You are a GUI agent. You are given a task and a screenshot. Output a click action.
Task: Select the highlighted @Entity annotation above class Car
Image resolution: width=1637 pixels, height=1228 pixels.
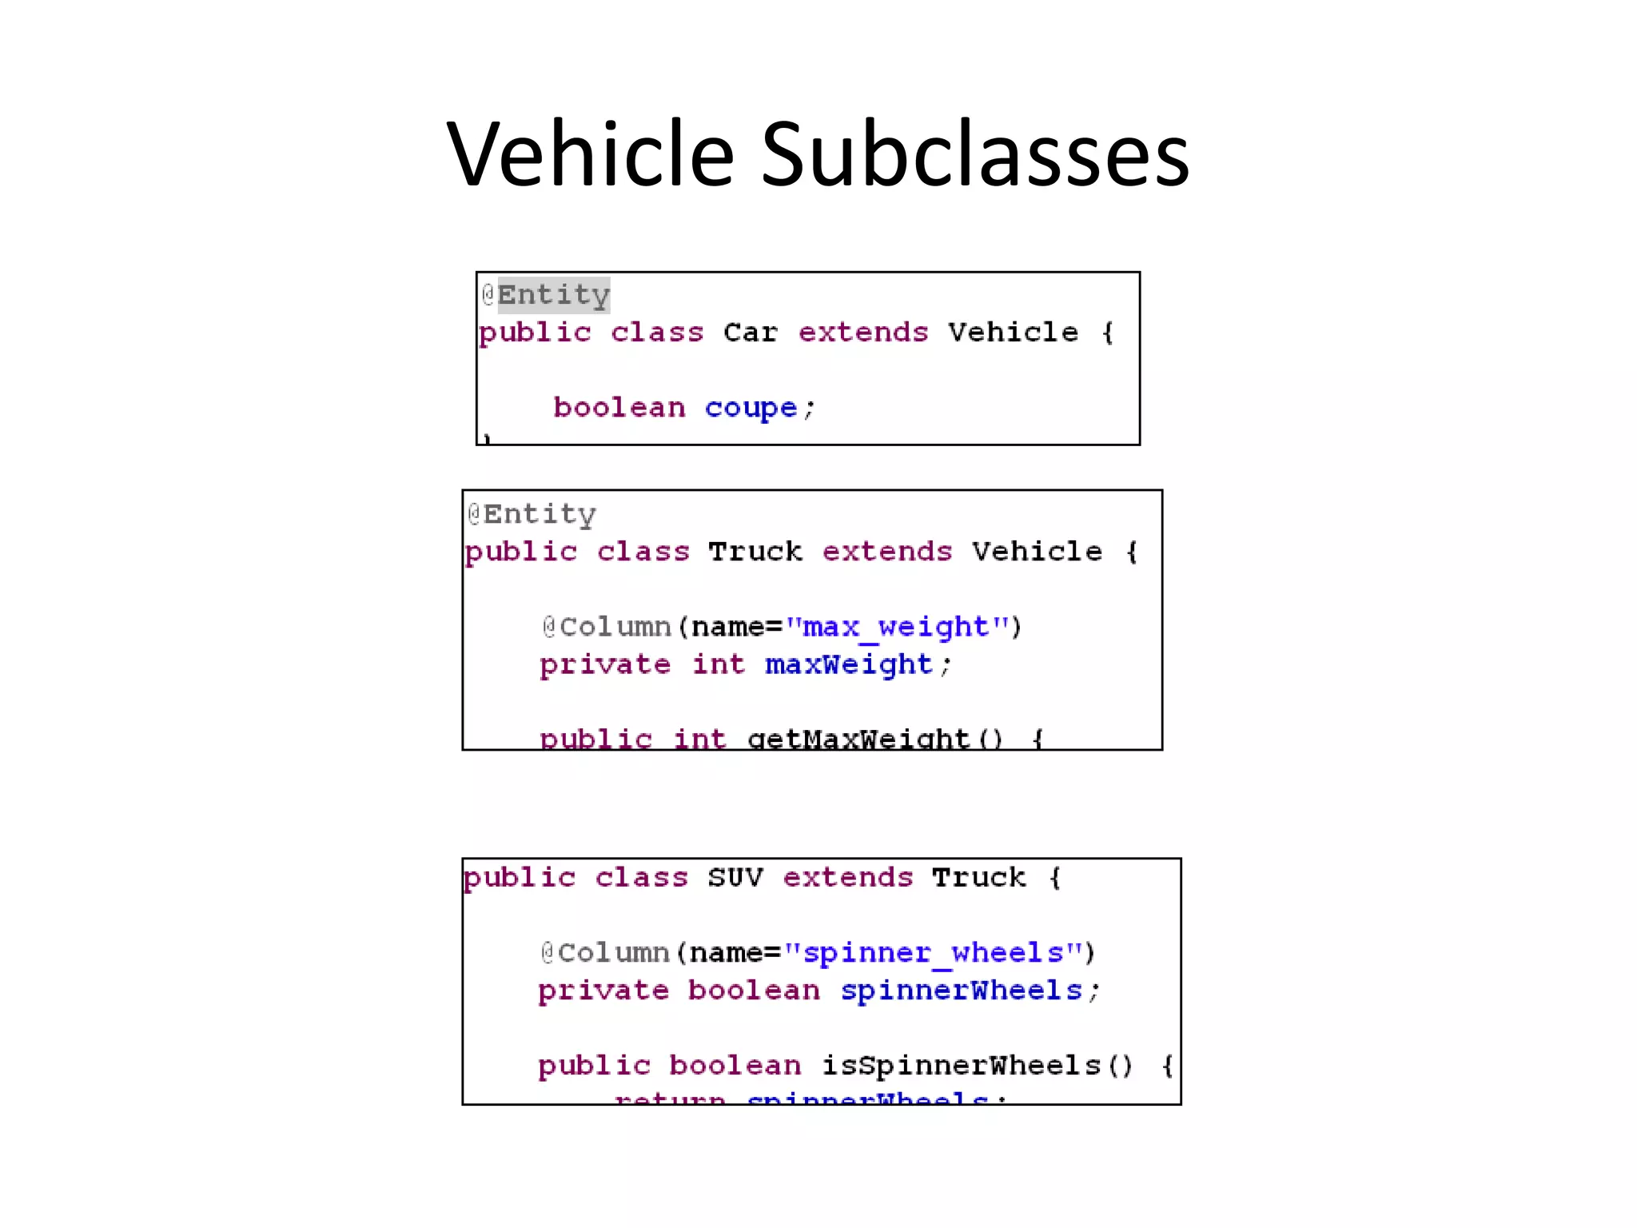coord(546,295)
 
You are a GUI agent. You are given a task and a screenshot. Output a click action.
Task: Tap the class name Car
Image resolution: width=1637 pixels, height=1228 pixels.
coord(750,333)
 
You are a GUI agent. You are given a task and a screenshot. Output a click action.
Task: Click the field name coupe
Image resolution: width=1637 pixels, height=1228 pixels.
coord(750,409)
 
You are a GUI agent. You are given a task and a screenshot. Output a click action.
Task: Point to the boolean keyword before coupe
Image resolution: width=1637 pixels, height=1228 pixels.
coord(619,408)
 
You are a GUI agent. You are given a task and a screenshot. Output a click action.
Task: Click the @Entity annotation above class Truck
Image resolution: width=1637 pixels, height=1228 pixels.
coord(532,514)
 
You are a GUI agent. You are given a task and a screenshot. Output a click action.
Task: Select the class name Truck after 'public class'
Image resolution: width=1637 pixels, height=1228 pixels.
coord(755,552)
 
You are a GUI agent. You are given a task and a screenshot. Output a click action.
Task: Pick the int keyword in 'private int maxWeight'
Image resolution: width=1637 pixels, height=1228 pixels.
coord(718,664)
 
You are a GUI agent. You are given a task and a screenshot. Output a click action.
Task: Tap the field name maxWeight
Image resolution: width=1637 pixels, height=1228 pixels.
coord(849,664)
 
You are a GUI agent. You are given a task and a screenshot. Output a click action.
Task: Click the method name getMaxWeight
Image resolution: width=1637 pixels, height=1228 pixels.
coord(858,739)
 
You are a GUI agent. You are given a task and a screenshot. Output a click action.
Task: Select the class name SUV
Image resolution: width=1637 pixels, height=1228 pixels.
coord(735,878)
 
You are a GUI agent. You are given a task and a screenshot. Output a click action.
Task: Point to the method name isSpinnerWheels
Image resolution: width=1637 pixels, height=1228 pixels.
coord(962,1066)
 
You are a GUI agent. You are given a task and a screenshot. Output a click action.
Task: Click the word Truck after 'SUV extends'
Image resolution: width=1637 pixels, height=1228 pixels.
coord(978,878)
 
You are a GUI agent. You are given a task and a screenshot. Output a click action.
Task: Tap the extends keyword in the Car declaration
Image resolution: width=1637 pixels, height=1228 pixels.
coord(863,333)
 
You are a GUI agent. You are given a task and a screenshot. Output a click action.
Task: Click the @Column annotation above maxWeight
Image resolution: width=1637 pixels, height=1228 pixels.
coord(607,627)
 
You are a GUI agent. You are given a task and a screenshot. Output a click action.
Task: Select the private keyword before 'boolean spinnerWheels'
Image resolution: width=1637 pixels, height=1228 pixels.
coord(603,991)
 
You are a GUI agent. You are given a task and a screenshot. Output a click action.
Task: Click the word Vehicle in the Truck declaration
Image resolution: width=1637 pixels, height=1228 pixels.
coord(1037,552)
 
